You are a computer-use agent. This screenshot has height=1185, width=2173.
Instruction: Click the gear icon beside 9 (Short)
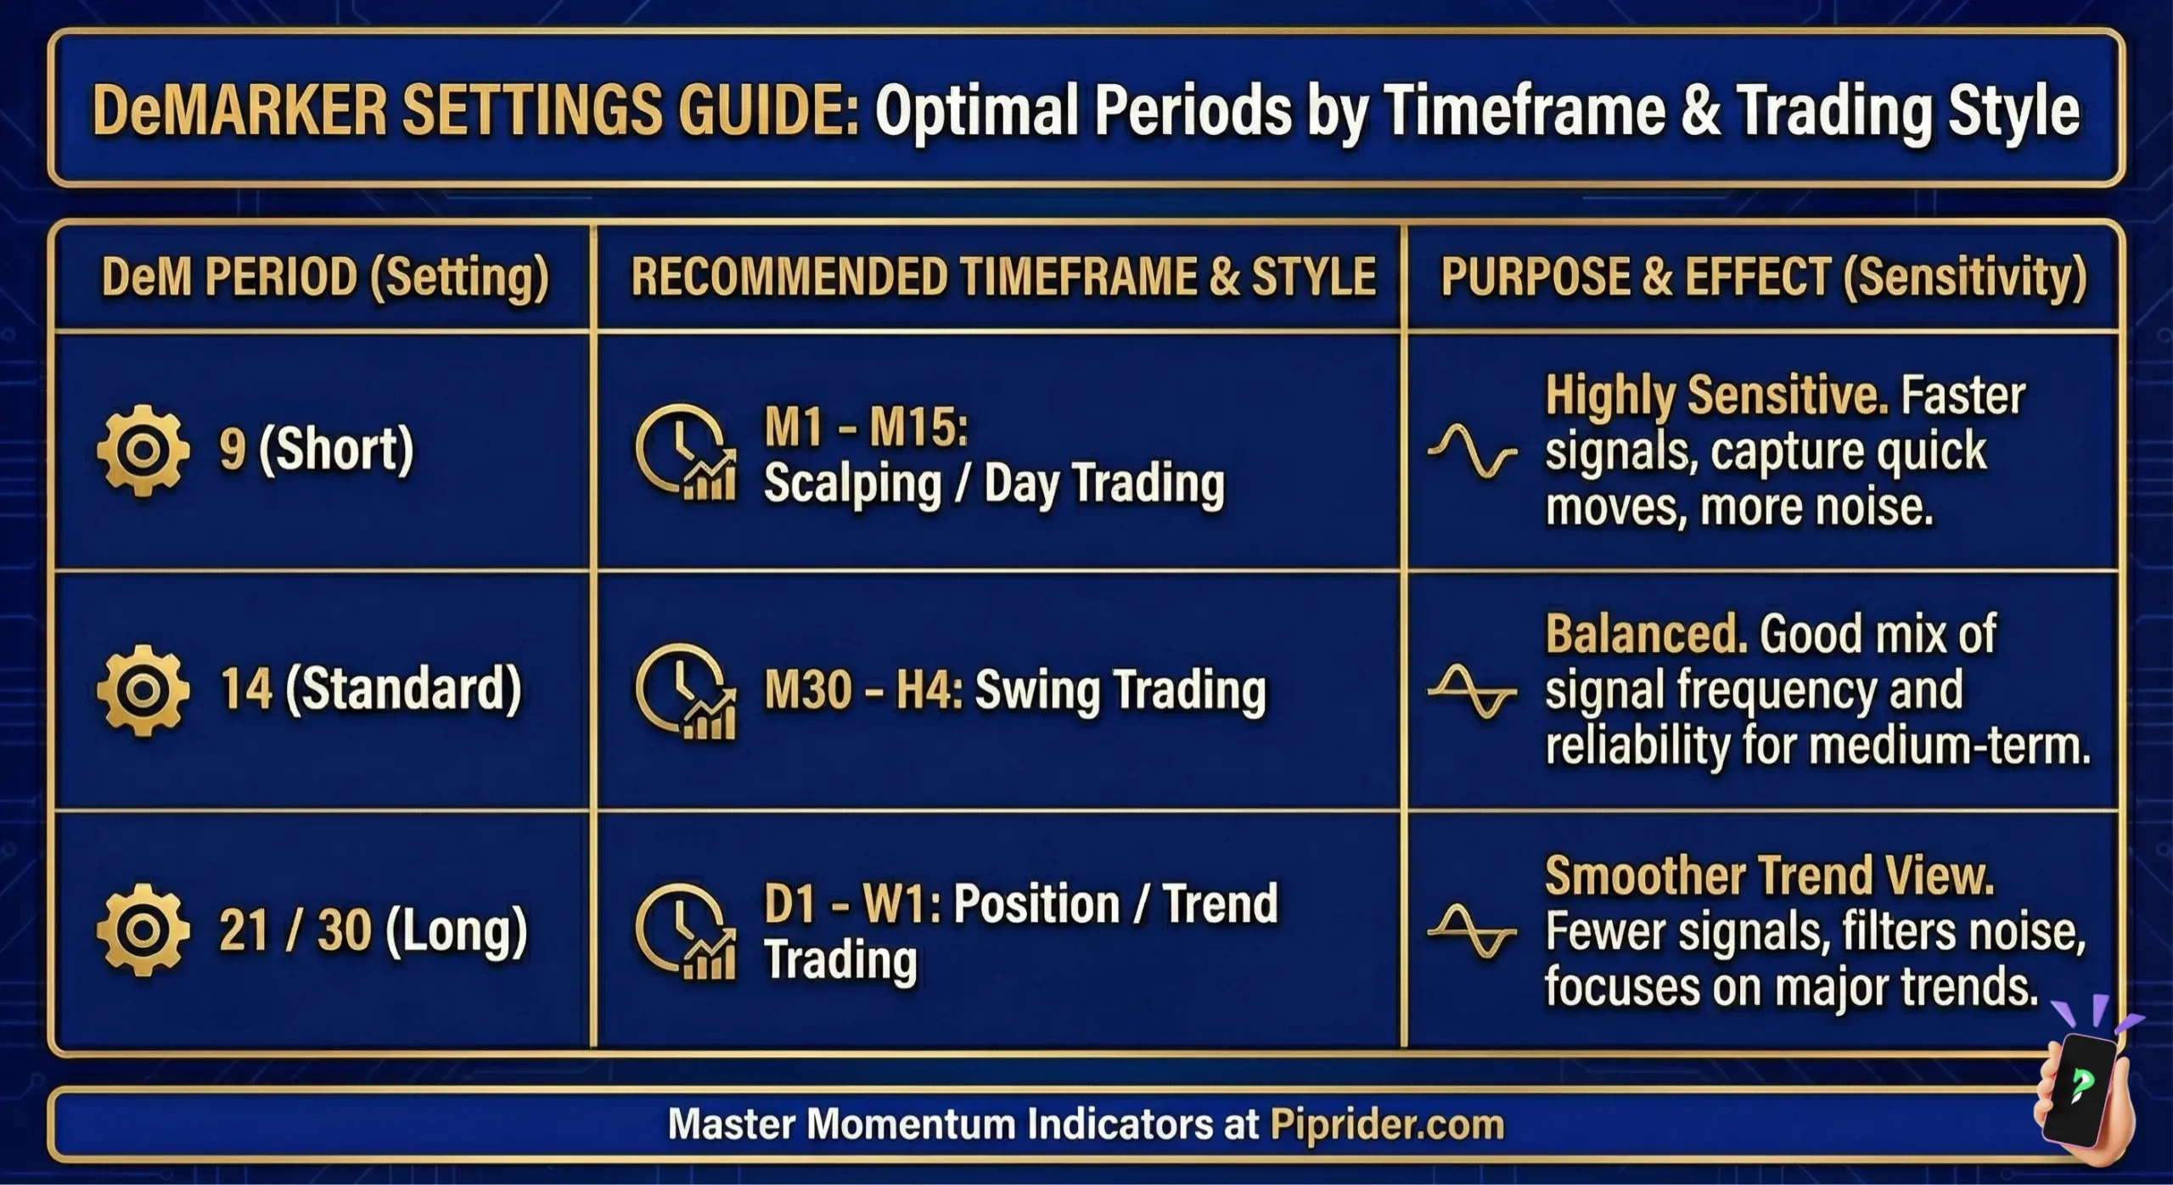pos(143,450)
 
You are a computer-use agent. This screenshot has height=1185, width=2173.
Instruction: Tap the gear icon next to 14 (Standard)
pos(143,689)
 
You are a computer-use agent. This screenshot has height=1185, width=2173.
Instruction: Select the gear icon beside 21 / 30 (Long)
pos(143,929)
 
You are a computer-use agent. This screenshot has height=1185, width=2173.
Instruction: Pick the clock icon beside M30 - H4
pos(684,691)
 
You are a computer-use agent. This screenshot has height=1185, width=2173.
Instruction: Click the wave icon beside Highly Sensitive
pos(1472,451)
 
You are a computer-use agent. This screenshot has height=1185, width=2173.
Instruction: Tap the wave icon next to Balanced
pos(1472,691)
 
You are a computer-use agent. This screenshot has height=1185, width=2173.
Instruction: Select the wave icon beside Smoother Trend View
pos(1472,931)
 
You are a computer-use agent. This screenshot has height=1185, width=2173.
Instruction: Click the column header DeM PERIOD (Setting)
pos(325,278)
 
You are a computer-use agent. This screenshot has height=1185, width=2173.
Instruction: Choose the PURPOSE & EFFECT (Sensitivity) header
pos(1763,278)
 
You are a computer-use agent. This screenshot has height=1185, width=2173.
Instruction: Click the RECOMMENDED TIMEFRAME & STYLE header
pos(1002,278)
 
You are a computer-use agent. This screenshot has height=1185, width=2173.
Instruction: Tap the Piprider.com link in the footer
pos(1386,1124)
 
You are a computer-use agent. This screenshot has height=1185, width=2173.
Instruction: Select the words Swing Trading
pos(1120,689)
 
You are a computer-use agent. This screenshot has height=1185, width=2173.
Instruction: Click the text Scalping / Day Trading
pos(994,484)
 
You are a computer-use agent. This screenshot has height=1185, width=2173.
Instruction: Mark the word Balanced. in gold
pos(1645,634)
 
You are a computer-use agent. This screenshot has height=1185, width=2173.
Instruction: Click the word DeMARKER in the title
pos(239,110)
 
